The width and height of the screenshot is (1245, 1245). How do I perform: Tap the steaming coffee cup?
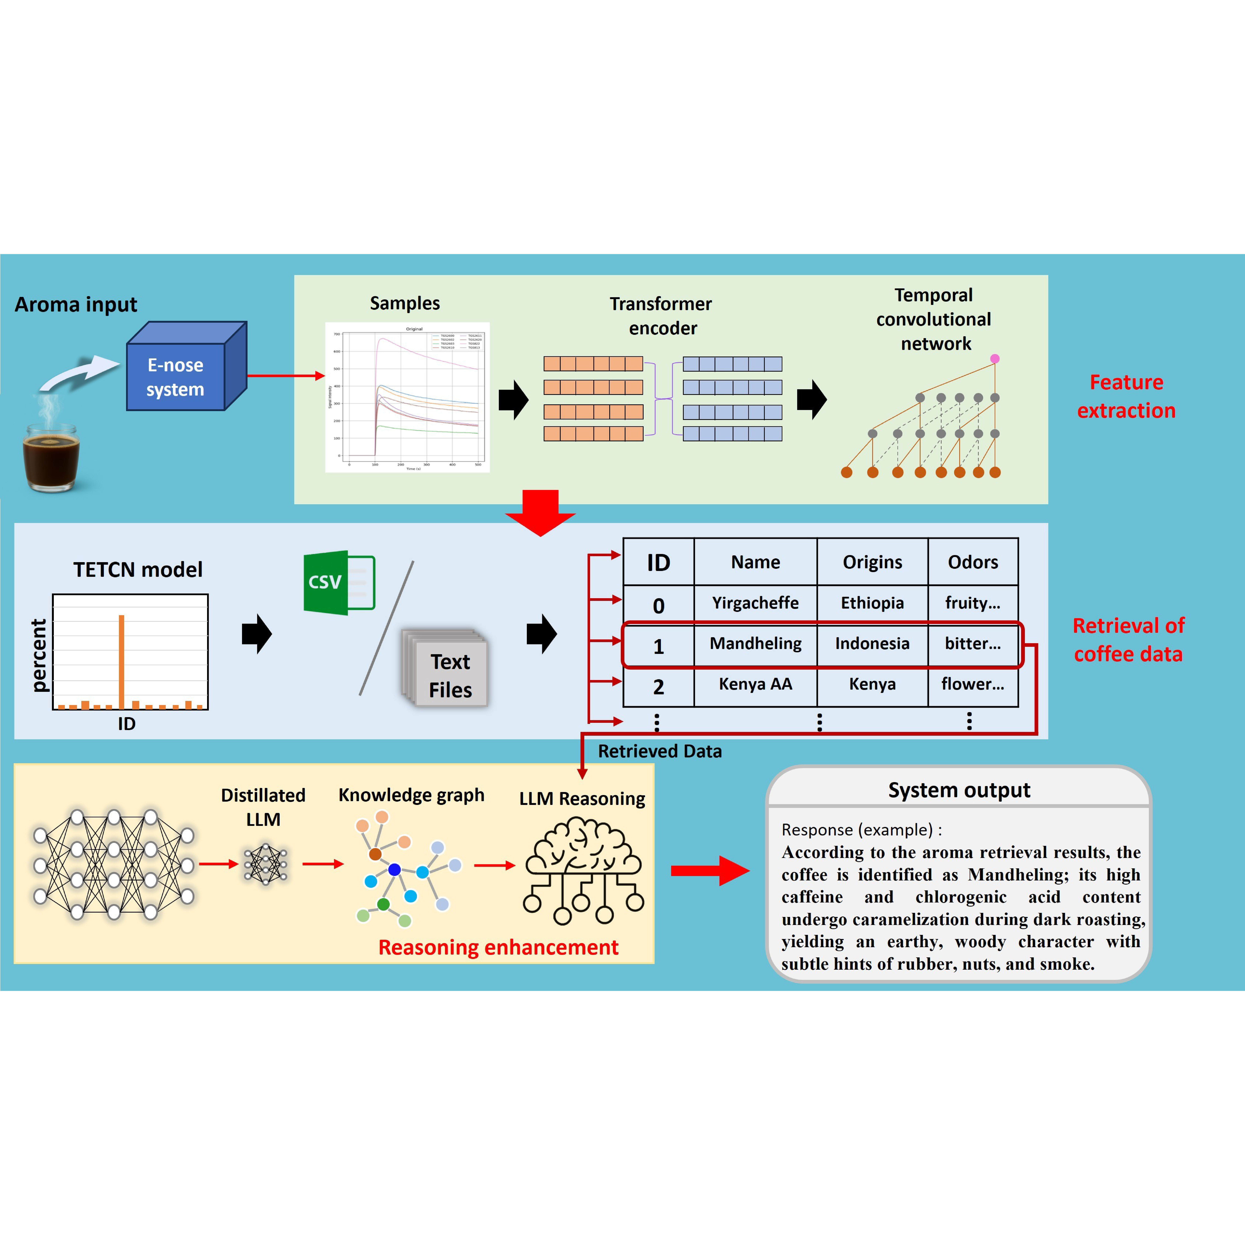[x=52, y=454]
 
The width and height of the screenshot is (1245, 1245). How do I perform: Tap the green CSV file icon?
[x=338, y=583]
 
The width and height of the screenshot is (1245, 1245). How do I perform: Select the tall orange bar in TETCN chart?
[x=121, y=662]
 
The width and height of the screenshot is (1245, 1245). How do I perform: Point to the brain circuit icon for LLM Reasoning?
[x=583, y=870]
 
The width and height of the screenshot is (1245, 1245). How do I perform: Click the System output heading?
[x=959, y=790]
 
